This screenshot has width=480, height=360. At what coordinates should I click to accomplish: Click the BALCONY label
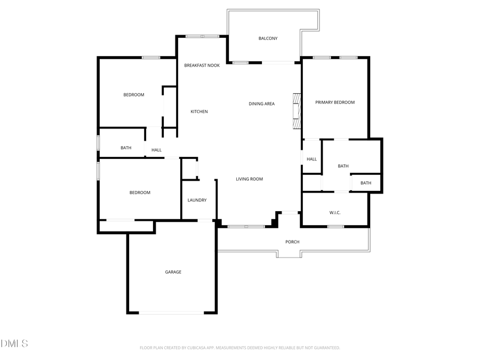[x=268, y=38]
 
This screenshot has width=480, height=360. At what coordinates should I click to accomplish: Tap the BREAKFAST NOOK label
[x=202, y=66]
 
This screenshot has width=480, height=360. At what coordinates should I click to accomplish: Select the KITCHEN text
[x=199, y=111]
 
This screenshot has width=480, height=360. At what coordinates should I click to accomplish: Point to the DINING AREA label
[x=261, y=103]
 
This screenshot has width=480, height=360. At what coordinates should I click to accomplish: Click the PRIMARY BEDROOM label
[x=334, y=102]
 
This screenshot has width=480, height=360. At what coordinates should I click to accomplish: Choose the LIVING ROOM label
[x=249, y=179]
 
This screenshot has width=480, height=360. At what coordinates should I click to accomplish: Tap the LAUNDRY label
[x=197, y=200]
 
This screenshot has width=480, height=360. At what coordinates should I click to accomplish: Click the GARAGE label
[x=173, y=272]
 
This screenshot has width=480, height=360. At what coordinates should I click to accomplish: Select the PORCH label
[x=292, y=242]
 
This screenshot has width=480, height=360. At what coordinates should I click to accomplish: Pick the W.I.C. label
[x=335, y=213]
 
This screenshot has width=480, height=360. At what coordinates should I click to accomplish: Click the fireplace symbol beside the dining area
[x=297, y=111]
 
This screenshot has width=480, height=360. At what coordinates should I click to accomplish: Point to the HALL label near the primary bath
[x=311, y=159]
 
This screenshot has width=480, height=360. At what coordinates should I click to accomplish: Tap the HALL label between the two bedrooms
[x=156, y=150]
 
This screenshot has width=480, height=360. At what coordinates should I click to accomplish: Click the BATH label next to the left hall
[x=126, y=148]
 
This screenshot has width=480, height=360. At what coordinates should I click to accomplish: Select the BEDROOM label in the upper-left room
[x=134, y=95]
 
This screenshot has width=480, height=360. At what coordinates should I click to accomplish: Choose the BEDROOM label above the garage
[x=140, y=193]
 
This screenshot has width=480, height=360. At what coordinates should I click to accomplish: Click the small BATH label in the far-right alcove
[x=365, y=183]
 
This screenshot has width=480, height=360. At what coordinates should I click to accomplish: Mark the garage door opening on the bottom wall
[x=172, y=313]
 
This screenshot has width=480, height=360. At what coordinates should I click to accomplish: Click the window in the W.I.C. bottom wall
[x=335, y=227]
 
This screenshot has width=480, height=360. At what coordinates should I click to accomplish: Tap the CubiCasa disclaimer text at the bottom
[x=239, y=348]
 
